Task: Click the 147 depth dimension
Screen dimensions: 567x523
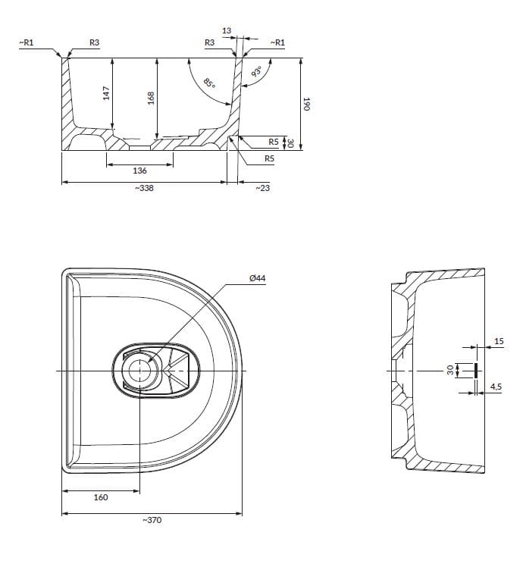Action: coord(107,92)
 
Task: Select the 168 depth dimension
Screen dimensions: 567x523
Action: coord(151,98)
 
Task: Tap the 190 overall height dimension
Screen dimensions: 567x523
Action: coord(307,103)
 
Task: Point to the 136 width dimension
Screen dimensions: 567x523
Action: coord(139,171)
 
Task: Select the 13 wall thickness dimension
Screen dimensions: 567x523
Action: coord(227,30)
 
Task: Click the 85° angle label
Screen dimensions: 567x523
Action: coord(210,83)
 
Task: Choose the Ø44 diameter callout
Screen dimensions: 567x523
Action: coord(257,279)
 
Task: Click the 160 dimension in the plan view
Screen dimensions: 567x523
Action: coord(101,497)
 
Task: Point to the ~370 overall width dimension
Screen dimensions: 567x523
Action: coord(152,520)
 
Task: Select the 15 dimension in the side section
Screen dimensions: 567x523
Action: coord(498,342)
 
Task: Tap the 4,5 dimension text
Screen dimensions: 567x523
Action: coord(496,387)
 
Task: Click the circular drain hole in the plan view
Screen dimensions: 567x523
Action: coord(139,371)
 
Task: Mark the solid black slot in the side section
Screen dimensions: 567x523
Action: coord(476,371)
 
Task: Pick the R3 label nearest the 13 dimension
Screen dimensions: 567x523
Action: coord(210,42)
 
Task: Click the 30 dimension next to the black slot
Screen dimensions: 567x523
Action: coord(449,371)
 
